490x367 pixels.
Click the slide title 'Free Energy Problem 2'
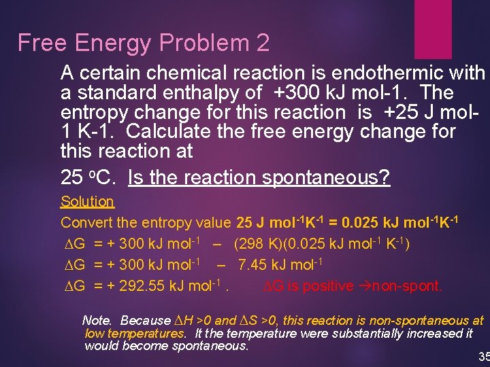[x=144, y=43]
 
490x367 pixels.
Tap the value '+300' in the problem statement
[x=299, y=92]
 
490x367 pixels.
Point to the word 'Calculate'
[x=171, y=130]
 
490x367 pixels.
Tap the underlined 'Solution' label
[x=87, y=201]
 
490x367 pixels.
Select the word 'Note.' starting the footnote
[x=99, y=320]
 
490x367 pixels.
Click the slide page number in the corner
[x=484, y=357]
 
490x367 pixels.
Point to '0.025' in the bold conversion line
[x=361, y=222]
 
